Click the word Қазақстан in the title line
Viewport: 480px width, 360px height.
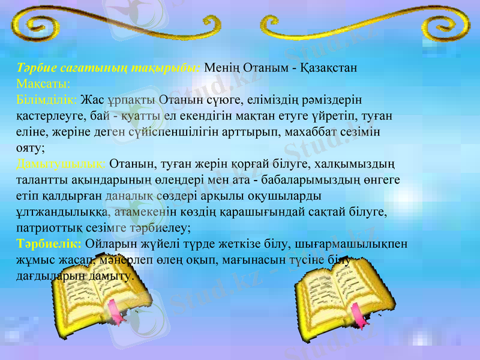pyautogui.click(x=328, y=67)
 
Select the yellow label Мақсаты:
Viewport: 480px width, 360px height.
pyautogui.click(x=44, y=82)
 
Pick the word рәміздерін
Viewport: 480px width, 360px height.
pyautogui.click(x=334, y=98)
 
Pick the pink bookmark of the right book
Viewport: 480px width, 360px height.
pyautogui.click(x=359, y=315)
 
